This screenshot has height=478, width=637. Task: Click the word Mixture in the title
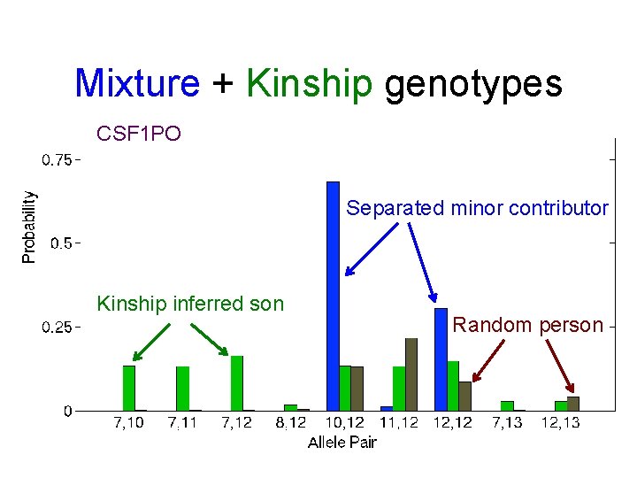click(137, 84)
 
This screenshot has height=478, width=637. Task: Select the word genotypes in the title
click(473, 84)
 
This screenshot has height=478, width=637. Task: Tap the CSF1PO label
click(138, 135)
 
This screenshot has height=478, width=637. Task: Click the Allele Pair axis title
click(342, 442)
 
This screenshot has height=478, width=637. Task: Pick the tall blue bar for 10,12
click(333, 296)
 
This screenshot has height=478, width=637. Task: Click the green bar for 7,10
click(129, 388)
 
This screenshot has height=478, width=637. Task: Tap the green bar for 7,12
click(237, 382)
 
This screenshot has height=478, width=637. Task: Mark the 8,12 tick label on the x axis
click(291, 423)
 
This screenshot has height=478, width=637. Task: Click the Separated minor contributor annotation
click(477, 209)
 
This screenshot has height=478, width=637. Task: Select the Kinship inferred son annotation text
click(190, 305)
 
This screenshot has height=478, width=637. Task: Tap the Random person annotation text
click(527, 325)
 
